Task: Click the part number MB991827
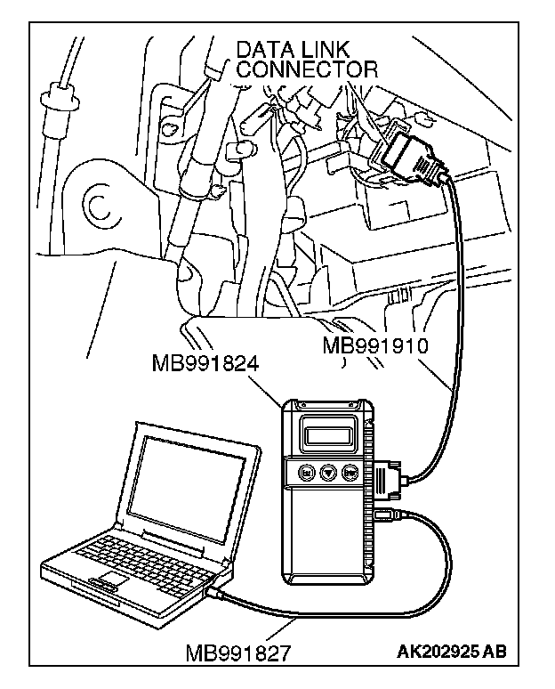coord(237,653)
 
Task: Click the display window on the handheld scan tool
coord(326,434)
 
